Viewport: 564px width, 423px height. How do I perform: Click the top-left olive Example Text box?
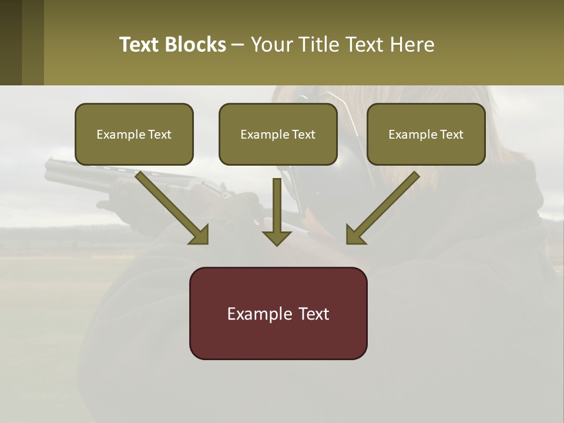tap(134, 134)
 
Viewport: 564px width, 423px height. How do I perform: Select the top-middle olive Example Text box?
tap(278, 134)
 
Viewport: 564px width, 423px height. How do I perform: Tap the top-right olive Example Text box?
tap(426, 134)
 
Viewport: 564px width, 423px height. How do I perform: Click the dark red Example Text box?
tap(278, 313)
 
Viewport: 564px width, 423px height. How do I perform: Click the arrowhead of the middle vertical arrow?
tap(277, 238)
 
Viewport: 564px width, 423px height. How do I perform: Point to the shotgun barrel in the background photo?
tap(76, 172)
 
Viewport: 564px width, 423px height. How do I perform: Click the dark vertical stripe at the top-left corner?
tap(11, 42)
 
